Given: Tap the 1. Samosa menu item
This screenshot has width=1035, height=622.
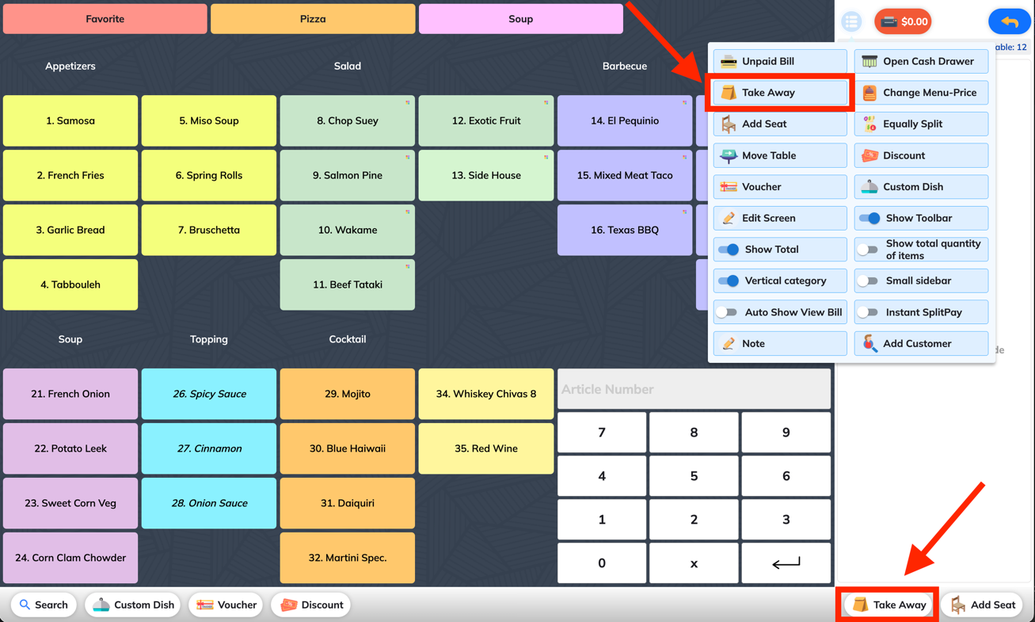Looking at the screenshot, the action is (70, 120).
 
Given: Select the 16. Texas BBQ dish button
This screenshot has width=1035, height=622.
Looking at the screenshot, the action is (625, 230).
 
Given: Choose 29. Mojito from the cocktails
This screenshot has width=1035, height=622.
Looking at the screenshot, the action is (348, 394).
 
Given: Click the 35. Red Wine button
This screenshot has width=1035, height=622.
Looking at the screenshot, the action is (486, 448).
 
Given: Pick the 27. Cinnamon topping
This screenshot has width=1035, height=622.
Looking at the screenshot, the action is (209, 448).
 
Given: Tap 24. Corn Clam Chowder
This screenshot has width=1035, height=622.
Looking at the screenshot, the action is (70, 557).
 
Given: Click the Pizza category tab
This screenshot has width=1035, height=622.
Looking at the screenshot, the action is (313, 19).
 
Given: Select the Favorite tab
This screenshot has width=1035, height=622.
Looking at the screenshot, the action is (105, 19).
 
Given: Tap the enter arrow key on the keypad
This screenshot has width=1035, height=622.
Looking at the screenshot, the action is (786, 563).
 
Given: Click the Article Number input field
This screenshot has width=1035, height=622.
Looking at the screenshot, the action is (694, 389).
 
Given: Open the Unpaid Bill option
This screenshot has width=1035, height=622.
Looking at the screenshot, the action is (780, 61).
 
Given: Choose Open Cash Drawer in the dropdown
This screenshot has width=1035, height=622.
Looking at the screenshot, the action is (921, 61).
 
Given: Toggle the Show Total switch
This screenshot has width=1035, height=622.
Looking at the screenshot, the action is (729, 250).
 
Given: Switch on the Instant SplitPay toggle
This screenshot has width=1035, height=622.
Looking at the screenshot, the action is (868, 312).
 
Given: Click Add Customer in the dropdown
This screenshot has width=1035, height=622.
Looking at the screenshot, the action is (921, 343).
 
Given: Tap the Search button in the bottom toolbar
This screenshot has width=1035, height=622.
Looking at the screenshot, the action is (44, 605).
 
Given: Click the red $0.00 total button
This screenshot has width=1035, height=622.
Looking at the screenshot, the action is (903, 21).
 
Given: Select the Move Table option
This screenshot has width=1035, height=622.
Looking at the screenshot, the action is (780, 155).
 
